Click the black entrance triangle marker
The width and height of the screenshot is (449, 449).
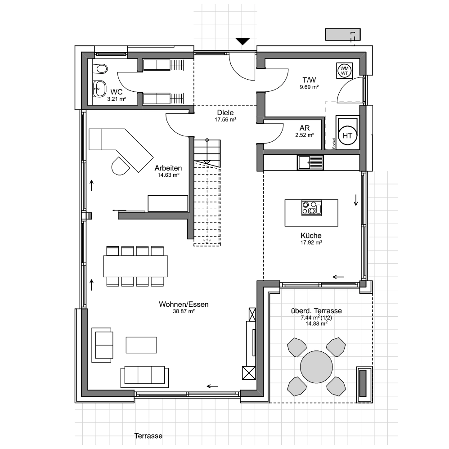(242, 41)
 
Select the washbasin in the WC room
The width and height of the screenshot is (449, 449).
(99, 89)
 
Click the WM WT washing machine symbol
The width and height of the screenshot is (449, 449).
(345, 71)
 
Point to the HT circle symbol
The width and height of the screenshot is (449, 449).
(347, 135)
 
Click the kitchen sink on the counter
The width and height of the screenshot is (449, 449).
(310, 163)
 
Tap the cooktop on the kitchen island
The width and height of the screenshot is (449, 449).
(311, 207)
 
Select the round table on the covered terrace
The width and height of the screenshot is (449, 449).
(316, 367)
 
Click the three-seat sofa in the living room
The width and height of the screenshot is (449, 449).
(144, 377)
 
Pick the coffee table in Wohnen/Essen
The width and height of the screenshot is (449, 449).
(141, 345)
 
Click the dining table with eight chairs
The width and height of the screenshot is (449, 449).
(135, 266)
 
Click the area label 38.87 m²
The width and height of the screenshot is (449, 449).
(184, 311)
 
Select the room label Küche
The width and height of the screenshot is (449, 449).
(311, 236)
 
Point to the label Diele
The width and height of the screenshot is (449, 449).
(225, 112)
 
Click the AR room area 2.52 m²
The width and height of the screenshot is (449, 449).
(305, 135)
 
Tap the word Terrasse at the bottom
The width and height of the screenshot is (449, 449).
(148, 436)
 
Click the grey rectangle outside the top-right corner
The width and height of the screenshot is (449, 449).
(343, 34)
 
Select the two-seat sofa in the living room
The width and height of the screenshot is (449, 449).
(102, 345)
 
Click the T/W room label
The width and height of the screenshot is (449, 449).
(309, 80)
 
